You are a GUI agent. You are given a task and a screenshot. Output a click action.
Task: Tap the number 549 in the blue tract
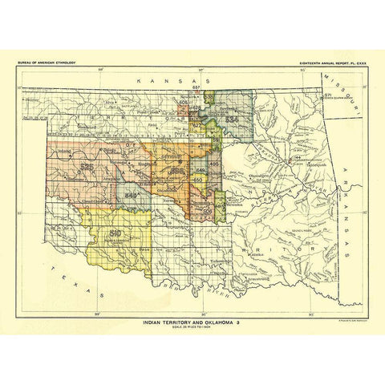pos(134,195)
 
